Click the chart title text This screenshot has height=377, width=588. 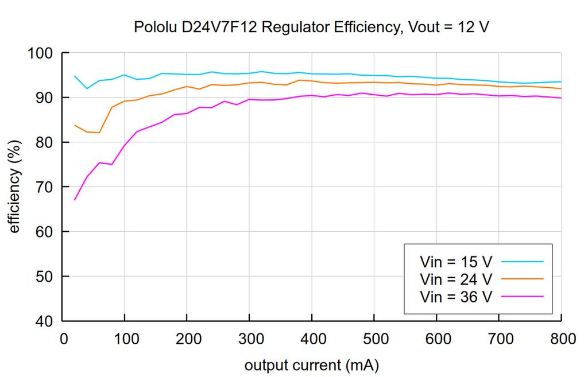click(x=311, y=27)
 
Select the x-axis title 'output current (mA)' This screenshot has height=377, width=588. click(x=311, y=365)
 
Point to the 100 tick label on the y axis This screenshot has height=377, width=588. click(x=40, y=53)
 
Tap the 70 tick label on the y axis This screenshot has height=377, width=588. click(x=45, y=187)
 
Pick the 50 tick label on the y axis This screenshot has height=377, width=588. click(x=45, y=277)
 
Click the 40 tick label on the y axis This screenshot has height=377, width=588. click(x=45, y=321)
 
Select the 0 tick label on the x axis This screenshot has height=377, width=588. click(x=63, y=339)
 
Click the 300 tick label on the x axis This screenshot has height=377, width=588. click(x=249, y=339)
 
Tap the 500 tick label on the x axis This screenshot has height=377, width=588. click(x=374, y=339)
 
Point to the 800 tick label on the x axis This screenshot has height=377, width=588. click(x=560, y=339)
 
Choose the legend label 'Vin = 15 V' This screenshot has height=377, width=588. click(x=456, y=262)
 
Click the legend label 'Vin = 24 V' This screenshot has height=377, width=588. click(x=456, y=279)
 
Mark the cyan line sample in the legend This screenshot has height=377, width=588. click(x=522, y=262)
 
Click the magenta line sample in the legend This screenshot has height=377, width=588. click(x=522, y=296)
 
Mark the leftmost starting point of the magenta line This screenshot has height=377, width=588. click(x=75, y=200)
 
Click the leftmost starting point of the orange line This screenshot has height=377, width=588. click(x=75, y=125)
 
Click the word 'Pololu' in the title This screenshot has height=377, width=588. click(x=152, y=27)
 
